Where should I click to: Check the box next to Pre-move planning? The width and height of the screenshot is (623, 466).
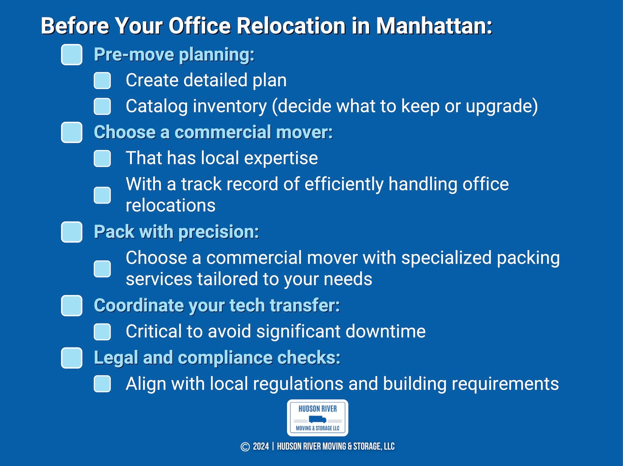pyautogui.click(x=71, y=54)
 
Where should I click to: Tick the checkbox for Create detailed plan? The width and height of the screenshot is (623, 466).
pyautogui.click(x=102, y=80)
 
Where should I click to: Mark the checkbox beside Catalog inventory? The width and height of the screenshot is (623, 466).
pyautogui.click(x=102, y=106)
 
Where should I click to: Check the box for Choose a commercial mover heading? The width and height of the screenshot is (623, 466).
pyautogui.click(x=71, y=132)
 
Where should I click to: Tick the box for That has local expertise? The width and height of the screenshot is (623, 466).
pyautogui.click(x=102, y=158)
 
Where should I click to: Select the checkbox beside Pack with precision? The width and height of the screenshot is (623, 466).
pyautogui.click(x=71, y=232)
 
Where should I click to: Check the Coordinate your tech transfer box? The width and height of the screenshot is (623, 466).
pyautogui.click(x=71, y=305)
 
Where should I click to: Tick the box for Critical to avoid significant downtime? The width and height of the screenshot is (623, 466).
pyautogui.click(x=102, y=332)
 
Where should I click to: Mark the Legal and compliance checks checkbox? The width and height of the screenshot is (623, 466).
pyautogui.click(x=71, y=358)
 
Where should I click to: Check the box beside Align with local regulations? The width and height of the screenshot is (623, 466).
pyautogui.click(x=102, y=384)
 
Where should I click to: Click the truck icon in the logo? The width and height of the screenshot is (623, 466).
pyautogui.click(x=317, y=419)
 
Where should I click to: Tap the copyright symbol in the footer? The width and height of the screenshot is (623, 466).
pyautogui.click(x=245, y=447)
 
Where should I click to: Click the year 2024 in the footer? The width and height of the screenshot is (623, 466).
pyautogui.click(x=261, y=447)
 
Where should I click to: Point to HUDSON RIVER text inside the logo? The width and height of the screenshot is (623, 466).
pyautogui.click(x=317, y=409)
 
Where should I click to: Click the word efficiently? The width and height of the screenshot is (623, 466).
pyautogui.click(x=344, y=184)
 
